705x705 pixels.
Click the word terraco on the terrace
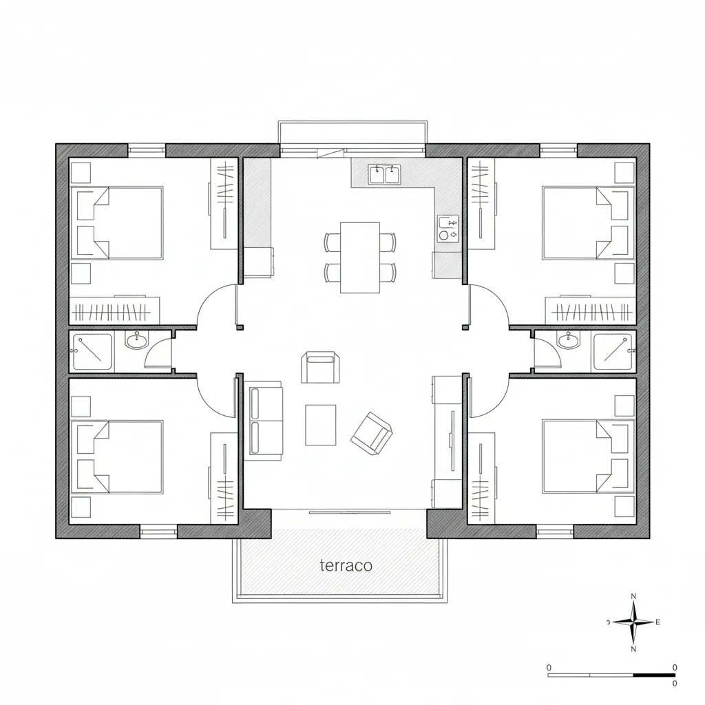pos(346,565)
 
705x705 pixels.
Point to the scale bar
pos(611,675)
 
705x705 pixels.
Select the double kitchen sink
pos(384,174)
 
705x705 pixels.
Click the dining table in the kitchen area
pos(360,257)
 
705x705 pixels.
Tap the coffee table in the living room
pos(320,424)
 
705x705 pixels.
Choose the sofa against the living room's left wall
pos(266,421)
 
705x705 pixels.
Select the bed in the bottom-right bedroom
pos(586,456)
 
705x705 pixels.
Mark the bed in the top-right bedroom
pos(586,223)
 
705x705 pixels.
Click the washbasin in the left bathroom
pos(136,339)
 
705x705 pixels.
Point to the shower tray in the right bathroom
pos(612,352)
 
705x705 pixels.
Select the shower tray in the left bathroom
pos(92,352)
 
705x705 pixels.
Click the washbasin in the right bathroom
pos(568,339)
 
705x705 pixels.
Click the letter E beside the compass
pos(657,622)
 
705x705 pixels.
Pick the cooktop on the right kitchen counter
pos(448,229)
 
